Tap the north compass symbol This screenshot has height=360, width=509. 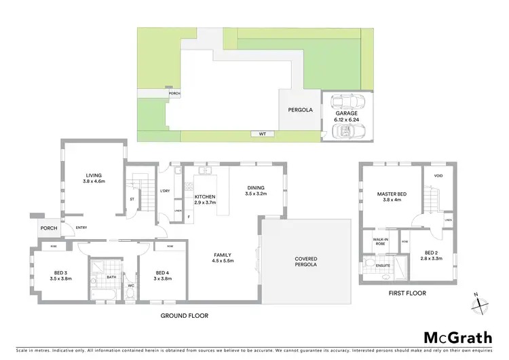coord(480,304)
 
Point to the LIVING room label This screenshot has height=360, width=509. coord(93,178)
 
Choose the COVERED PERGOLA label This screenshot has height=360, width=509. coord(306,262)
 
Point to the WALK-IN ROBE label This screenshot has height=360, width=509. coord(379,241)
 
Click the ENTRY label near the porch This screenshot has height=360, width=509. coord(81,228)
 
